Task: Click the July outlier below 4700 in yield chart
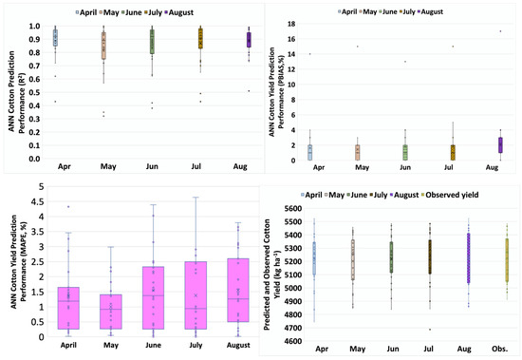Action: [x=429, y=330]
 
